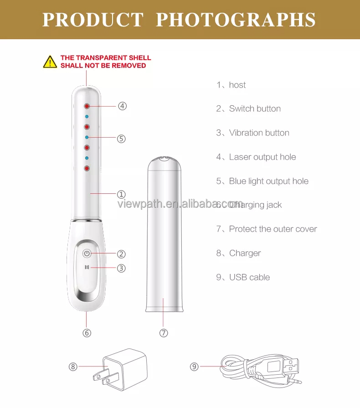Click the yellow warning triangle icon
50,62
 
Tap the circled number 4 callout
122,106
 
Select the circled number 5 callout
121,139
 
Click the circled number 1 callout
121,194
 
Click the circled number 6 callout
87,333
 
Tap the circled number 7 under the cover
164,333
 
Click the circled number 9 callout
195,366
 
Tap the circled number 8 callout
73,366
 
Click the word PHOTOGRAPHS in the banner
236,20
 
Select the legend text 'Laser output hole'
262,157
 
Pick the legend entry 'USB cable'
249,278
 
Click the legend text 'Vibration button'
259,133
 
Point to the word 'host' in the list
237,85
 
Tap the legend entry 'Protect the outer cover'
273,229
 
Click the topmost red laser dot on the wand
86,106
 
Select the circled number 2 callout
121,254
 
